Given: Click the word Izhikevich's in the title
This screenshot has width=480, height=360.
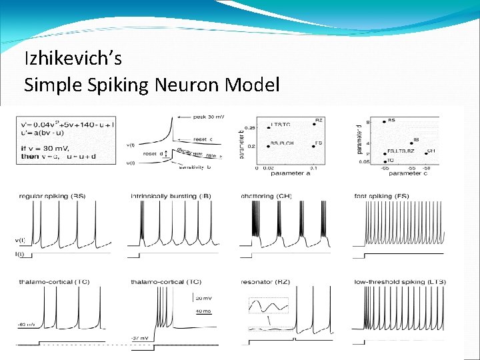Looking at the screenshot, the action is pos(73,59).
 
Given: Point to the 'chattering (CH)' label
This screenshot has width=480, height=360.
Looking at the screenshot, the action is pos(266,195).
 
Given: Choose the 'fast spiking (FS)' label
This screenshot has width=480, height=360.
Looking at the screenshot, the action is pos(381,195).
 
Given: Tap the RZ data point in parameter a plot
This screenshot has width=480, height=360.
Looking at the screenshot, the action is pos(313,126).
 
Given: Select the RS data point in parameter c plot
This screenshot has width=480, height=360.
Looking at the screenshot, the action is pos(384,121).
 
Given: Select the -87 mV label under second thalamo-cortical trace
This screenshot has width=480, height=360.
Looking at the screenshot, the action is pos(140,337).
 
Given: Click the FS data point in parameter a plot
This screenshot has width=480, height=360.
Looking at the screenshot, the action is pos(313,145).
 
